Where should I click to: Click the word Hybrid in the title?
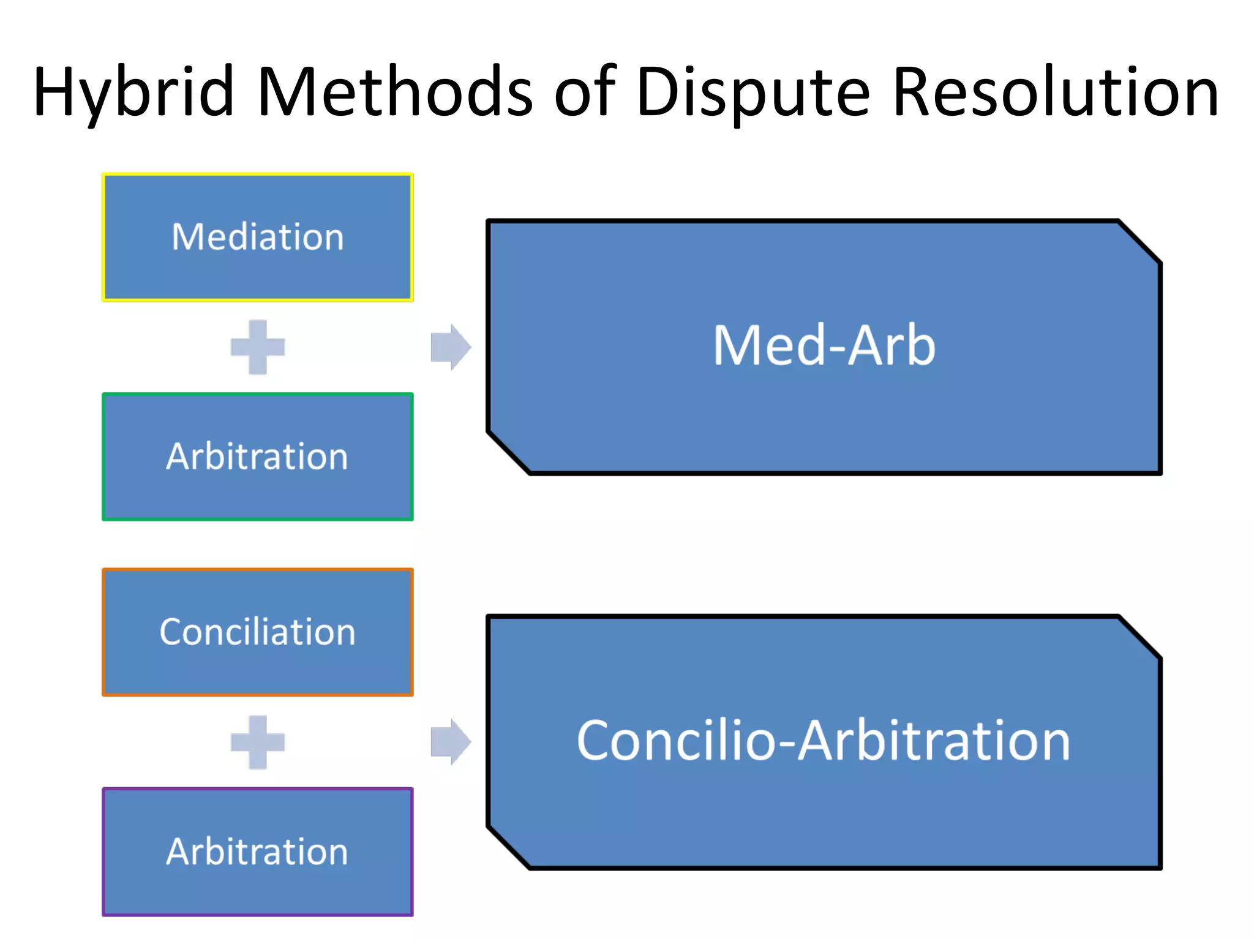click(x=133, y=92)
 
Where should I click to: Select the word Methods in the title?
click(x=395, y=92)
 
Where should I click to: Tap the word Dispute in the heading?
click(x=753, y=92)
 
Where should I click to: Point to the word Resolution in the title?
click(x=1056, y=92)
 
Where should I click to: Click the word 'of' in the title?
click(x=585, y=92)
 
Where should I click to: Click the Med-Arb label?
click(x=824, y=346)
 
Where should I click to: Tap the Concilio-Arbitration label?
click(x=824, y=741)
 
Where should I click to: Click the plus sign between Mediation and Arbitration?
click(x=258, y=347)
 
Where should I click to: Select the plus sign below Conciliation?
click(x=258, y=742)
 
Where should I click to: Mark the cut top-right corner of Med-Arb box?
click(x=1139, y=242)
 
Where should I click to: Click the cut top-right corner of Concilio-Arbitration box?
click(x=1139, y=637)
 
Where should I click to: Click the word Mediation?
click(x=258, y=237)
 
